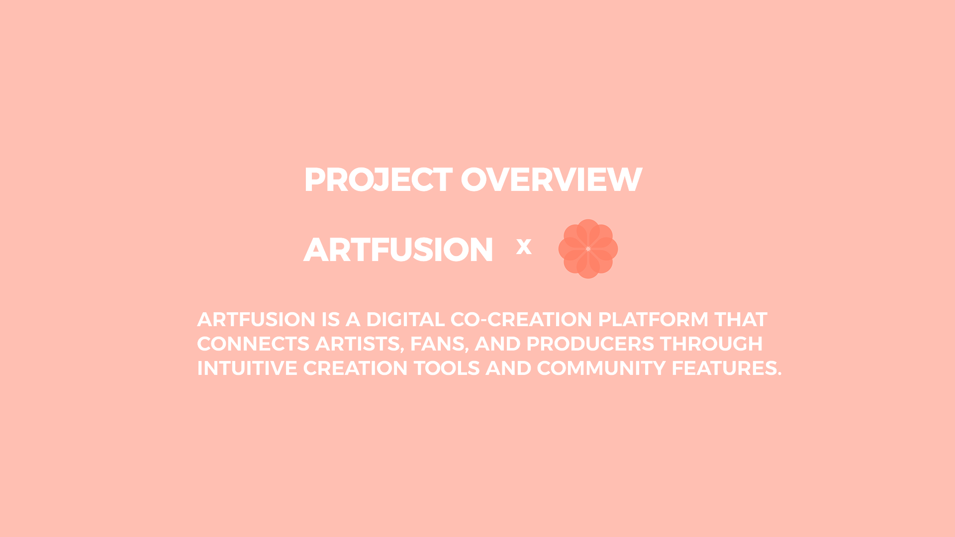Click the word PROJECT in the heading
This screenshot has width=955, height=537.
[378, 179]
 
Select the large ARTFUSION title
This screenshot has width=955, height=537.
[398, 250]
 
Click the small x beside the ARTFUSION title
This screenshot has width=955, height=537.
[524, 247]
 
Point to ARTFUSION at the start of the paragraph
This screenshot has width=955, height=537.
[256, 320]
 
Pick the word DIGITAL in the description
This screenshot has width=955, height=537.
[405, 320]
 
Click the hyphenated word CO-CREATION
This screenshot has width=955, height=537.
[521, 320]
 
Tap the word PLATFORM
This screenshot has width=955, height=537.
[653, 320]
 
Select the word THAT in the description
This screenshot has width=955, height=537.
[741, 320]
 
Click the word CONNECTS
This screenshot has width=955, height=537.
[253, 344]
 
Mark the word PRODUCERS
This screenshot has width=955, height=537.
[590, 344]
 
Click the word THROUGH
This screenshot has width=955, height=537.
[711, 344]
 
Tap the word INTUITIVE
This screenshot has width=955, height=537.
[247, 368]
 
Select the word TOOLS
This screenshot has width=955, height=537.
[447, 368]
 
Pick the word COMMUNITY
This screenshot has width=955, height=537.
[601, 368]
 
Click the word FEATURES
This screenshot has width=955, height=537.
[726, 368]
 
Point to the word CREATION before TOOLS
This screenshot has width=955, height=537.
[355, 368]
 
